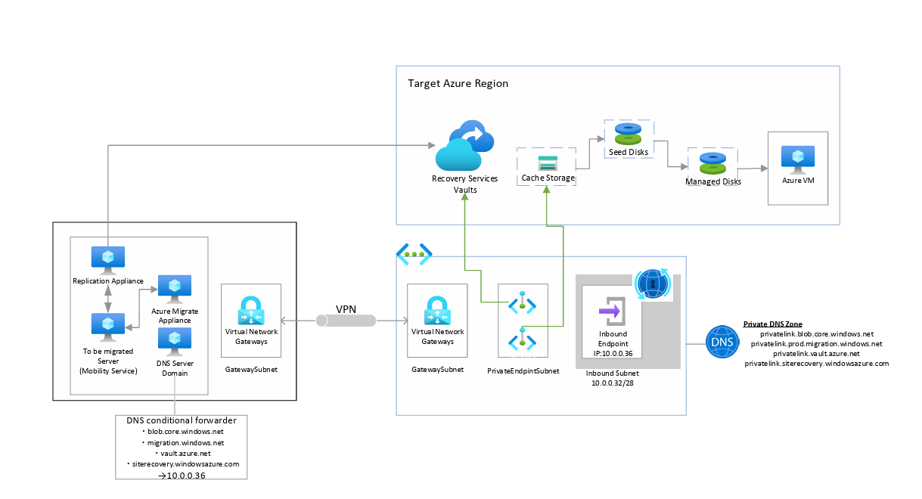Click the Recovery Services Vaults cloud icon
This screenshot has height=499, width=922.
point(464,147)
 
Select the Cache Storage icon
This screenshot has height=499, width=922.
point(547,163)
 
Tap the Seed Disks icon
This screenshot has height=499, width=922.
point(628,135)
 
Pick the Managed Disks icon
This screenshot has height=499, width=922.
point(712,164)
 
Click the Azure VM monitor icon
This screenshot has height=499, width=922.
point(796,159)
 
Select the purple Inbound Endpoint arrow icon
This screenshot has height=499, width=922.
point(610,310)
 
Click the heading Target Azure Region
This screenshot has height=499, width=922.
point(458,83)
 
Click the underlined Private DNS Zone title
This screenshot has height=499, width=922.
point(771,324)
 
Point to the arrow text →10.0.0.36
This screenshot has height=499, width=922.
point(181,476)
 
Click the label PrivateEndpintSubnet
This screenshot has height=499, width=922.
point(523,370)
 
